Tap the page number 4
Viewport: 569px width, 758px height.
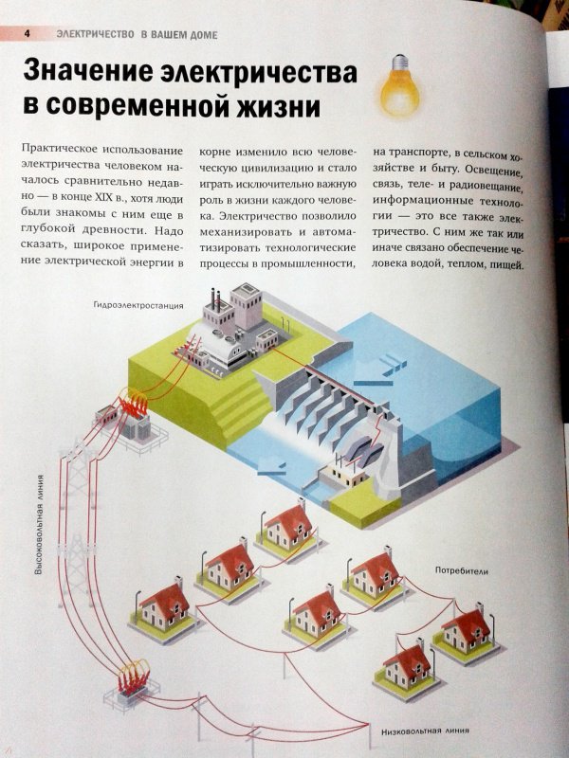tap(28, 34)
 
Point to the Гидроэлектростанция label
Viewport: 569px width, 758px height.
tap(138, 305)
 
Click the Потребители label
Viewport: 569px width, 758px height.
tap(462, 571)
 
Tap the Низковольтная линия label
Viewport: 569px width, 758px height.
tap(425, 731)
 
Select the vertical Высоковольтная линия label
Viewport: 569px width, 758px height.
tap(40, 525)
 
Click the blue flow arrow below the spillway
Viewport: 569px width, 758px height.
tap(271, 467)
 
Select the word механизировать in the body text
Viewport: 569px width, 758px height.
tap(246, 232)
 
